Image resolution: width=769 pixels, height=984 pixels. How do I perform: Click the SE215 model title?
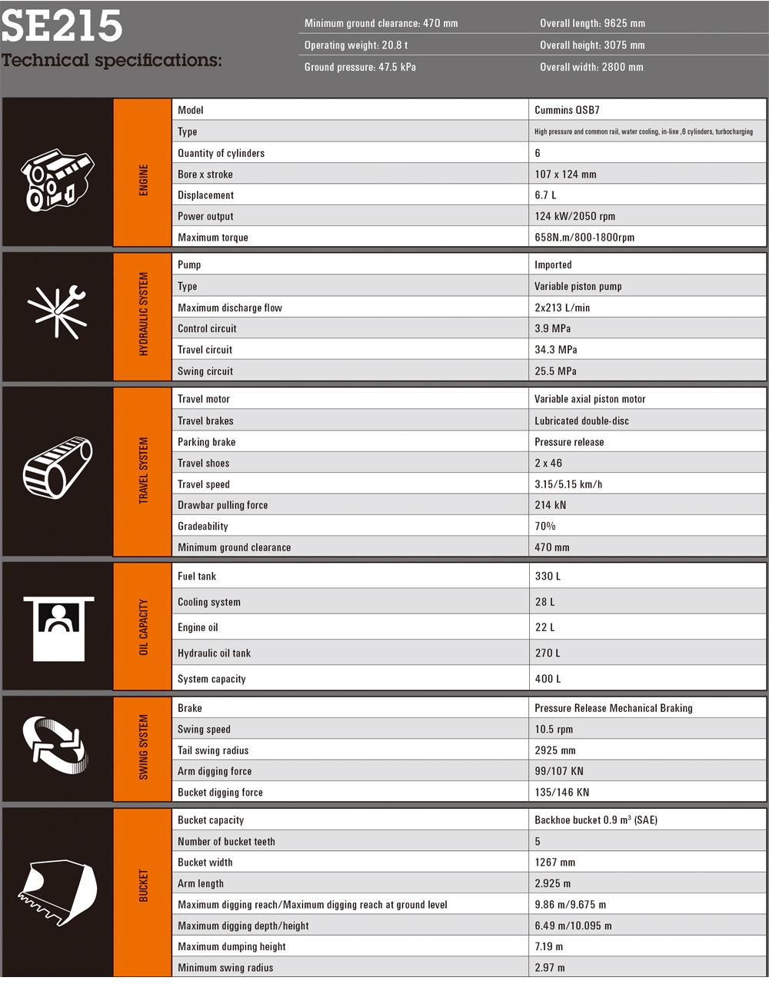pos(62,25)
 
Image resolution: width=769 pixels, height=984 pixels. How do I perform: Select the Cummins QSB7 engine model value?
pos(567,110)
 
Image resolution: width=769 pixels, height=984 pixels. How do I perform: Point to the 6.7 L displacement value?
pos(545,195)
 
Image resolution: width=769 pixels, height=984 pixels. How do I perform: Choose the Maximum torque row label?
pos(213,238)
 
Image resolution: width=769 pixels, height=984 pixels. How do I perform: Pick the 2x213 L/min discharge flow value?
pos(562,307)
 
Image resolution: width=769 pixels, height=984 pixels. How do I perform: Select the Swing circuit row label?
pos(205,371)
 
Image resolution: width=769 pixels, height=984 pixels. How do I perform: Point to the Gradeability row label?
pos(203,527)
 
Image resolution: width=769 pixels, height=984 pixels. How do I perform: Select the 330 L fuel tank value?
pos(548,576)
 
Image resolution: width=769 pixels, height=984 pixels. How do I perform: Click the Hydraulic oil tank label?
pos(214,653)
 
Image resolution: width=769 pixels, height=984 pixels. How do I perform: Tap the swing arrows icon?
pos(55,745)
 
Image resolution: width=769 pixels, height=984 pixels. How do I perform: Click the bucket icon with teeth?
pos(57,892)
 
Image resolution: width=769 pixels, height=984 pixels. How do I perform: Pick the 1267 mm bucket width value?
pos(555,863)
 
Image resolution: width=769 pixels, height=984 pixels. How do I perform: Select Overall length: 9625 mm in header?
pos(592,23)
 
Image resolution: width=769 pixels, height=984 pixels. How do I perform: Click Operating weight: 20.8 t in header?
pos(355,45)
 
